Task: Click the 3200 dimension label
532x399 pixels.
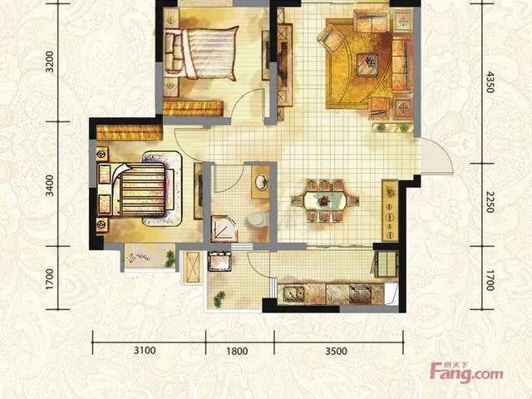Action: [x=50, y=62]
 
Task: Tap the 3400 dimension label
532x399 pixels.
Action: [x=50, y=185]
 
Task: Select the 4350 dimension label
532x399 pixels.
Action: [x=490, y=81]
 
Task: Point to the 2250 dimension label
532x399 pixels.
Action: [x=490, y=202]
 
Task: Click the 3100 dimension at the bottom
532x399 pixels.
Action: [x=145, y=350]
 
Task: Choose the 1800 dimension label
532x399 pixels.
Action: [x=237, y=351]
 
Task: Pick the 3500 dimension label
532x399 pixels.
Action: [x=336, y=351]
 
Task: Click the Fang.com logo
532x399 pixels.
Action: [x=466, y=372]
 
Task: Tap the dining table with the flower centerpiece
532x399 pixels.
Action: [x=325, y=201]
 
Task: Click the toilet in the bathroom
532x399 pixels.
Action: [x=257, y=219]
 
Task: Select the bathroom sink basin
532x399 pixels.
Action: [x=261, y=181]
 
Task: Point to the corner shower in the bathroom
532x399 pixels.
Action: [x=224, y=229]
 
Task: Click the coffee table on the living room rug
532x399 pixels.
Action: [x=367, y=65]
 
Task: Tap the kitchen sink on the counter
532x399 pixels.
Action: [x=293, y=293]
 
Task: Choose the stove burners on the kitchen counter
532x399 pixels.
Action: [x=361, y=294]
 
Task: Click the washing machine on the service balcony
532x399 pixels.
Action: [x=219, y=261]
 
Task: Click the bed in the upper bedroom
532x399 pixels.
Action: [x=201, y=53]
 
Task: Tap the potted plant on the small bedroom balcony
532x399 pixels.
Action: [x=170, y=259]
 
